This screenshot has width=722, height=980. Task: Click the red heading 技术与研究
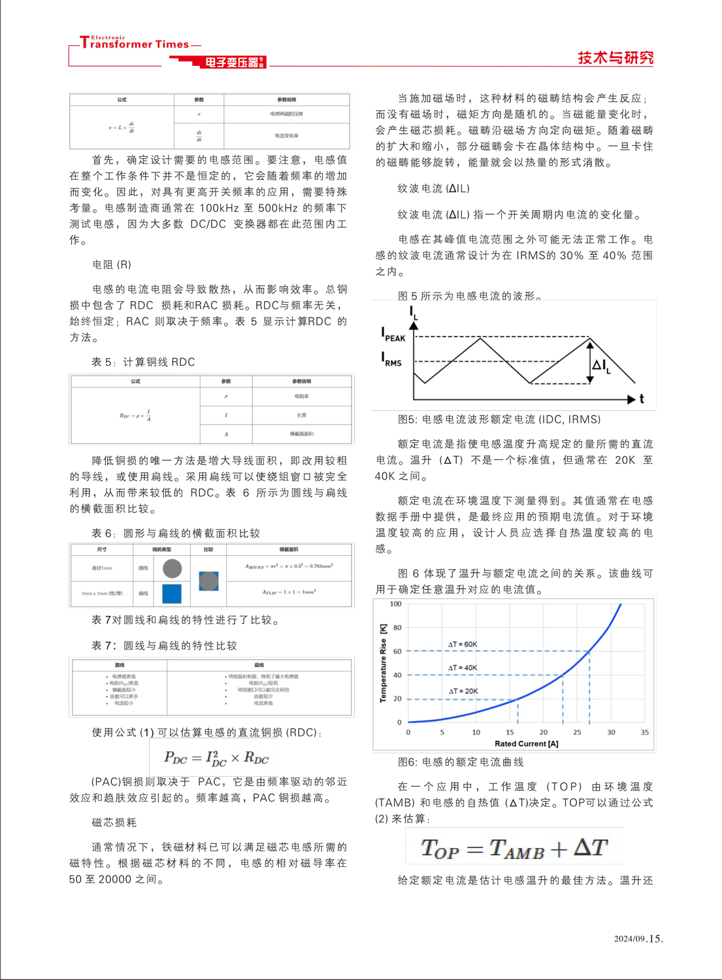[615, 57]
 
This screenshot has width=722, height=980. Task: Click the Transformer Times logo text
[135, 44]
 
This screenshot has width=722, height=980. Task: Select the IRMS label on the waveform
[391, 359]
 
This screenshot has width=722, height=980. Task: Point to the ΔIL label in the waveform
[600, 365]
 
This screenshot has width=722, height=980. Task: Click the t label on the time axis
[642, 399]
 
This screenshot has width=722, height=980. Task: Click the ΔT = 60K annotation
[463, 644]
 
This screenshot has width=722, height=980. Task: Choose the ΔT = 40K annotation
[463, 668]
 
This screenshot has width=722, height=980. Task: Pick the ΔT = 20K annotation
[463, 691]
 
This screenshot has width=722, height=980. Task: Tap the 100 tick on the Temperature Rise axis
[395, 604]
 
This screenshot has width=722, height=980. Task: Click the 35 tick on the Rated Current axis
[644, 732]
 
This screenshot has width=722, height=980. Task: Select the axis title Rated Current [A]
[526, 743]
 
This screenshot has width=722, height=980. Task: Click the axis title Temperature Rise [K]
[383, 663]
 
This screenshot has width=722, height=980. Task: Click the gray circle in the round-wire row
[172, 568]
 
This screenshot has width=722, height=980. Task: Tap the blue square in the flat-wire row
[172, 593]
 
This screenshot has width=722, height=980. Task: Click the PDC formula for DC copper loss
[216, 758]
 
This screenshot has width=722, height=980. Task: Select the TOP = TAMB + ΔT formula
[514, 848]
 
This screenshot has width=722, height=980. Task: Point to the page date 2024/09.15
[638, 939]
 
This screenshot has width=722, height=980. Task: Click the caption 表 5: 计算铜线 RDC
[143, 362]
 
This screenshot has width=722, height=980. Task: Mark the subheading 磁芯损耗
[114, 823]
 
